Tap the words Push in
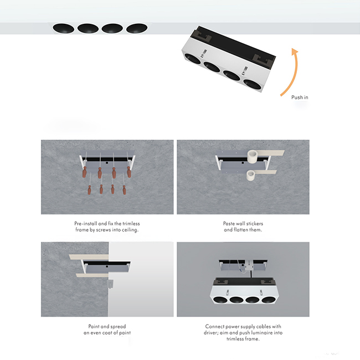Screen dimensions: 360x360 300,97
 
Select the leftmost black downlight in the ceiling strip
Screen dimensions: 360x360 63,29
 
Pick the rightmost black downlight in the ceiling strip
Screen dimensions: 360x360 137,28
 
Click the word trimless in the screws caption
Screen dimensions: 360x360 131,223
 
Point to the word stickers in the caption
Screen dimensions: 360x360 255,223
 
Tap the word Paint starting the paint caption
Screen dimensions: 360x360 94,326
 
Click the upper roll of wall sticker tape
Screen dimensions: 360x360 252,156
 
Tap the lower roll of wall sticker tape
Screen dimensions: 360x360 250,176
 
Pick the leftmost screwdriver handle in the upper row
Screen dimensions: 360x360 85,172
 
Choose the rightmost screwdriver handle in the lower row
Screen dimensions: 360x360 124,190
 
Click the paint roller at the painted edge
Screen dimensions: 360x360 110,284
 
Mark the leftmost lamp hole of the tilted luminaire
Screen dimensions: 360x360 192,59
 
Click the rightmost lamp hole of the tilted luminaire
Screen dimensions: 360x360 252,84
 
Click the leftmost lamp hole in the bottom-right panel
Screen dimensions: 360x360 220,300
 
